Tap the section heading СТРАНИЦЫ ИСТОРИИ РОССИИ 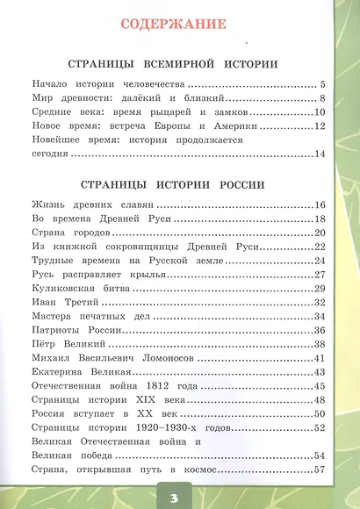click(179, 185)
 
